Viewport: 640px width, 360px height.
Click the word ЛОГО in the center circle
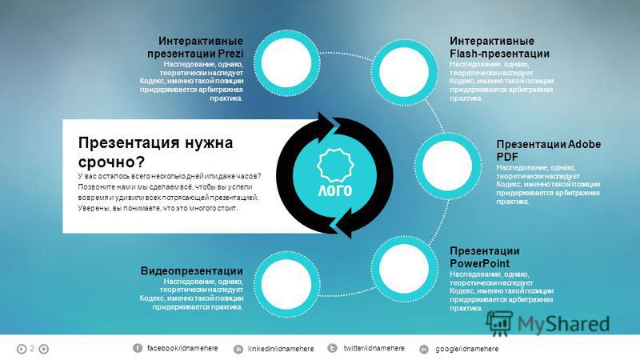[x=334, y=190]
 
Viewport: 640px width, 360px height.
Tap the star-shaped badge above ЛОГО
[x=335, y=165]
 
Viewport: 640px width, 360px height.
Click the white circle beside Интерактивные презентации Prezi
[x=286, y=62]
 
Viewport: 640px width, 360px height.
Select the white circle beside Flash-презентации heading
[x=404, y=72]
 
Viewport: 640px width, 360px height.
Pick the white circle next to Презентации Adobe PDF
[x=447, y=166]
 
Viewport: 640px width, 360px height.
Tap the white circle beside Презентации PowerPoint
[x=404, y=269]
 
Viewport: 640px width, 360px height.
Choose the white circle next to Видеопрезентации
[x=286, y=284]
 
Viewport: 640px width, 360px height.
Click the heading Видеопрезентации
[x=191, y=270]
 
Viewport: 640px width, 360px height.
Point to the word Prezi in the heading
[x=230, y=54]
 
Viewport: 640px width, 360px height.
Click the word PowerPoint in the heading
[x=479, y=263]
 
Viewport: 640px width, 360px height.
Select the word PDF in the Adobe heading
[x=507, y=157]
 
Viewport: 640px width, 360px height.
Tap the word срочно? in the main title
[x=111, y=162]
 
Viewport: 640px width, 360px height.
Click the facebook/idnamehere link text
[x=182, y=348]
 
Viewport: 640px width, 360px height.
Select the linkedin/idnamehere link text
[x=281, y=349]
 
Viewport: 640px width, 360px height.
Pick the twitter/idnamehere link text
[x=374, y=348]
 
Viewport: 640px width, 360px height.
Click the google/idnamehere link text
[x=467, y=349]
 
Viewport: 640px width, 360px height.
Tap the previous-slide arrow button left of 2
[x=22, y=349]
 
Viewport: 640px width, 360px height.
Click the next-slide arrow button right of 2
[x=44, y=349]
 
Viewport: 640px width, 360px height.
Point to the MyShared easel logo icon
[x=499, y=323]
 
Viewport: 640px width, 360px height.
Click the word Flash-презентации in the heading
[x=499, y=54]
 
